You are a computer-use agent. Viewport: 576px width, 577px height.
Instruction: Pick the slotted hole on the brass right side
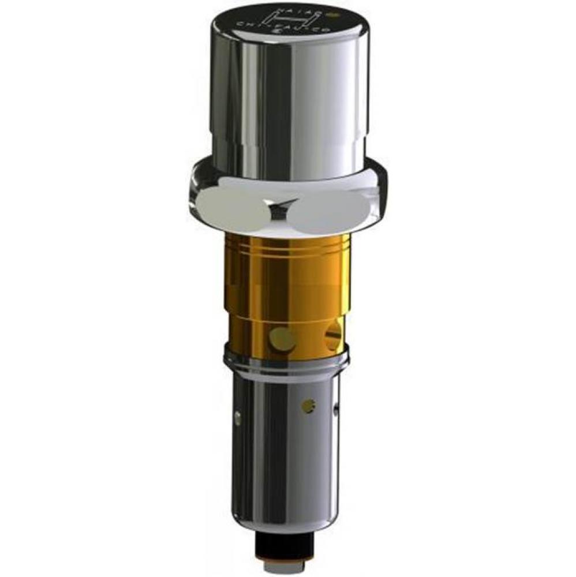pos(334,336)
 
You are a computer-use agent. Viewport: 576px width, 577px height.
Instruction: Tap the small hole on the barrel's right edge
pos(336,411)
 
